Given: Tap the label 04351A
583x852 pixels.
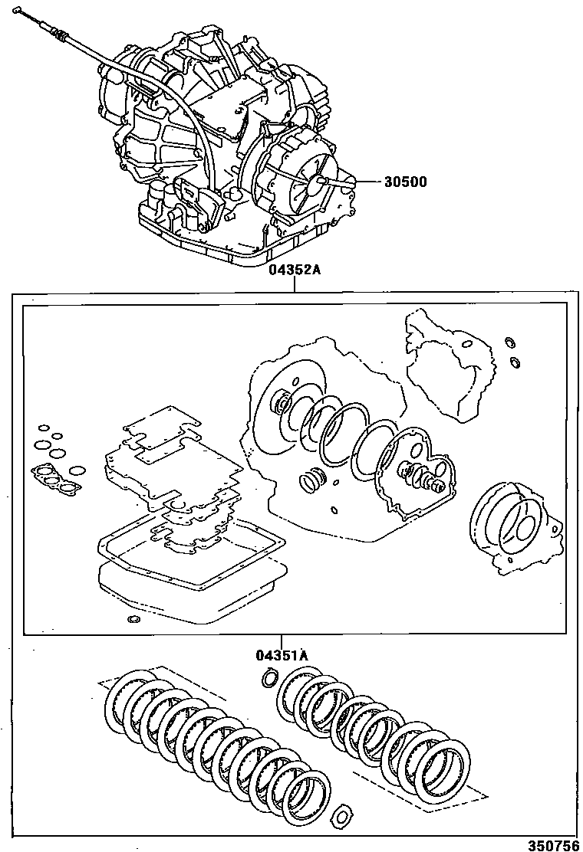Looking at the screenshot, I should pos(282,655).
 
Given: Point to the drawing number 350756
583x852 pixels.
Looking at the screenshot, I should pos(553,841).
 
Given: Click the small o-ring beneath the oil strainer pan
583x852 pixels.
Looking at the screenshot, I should pos(134,619).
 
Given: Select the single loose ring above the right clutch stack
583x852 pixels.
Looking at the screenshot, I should pos(269,677).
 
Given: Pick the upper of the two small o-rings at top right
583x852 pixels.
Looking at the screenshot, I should pos(509,341).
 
